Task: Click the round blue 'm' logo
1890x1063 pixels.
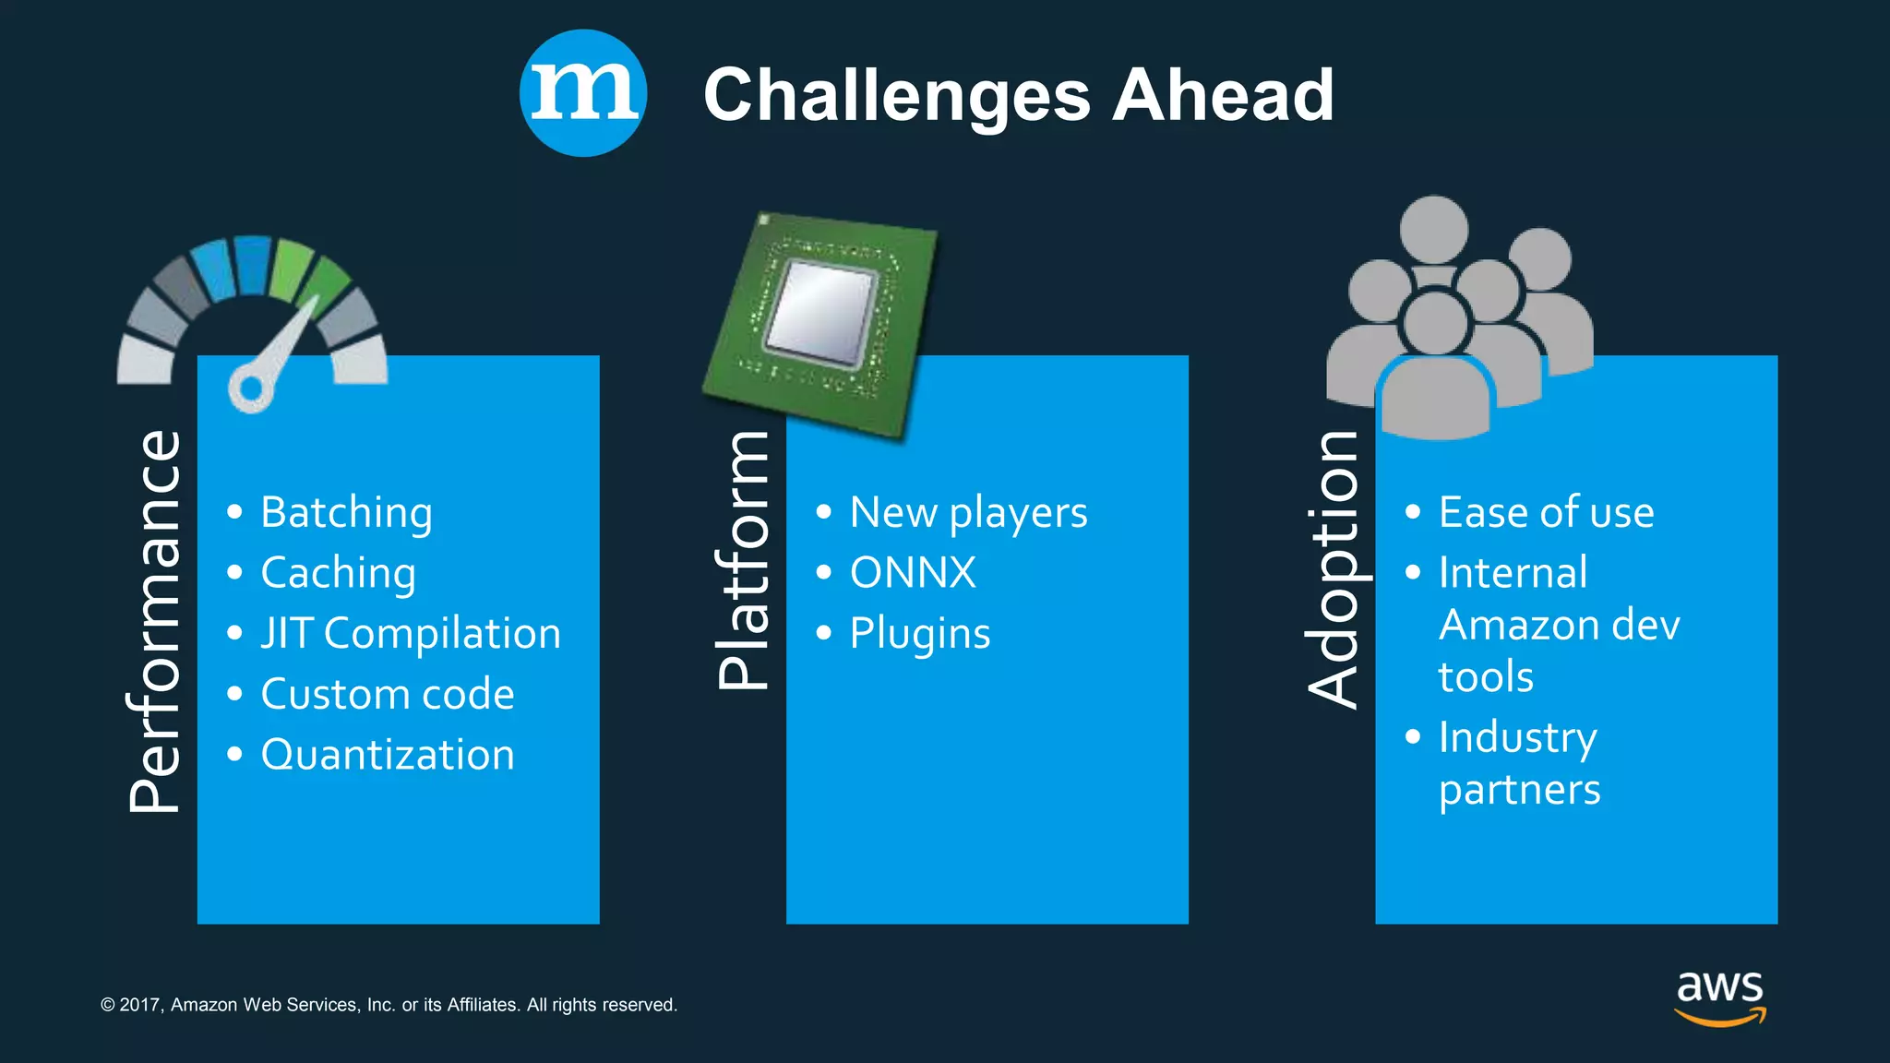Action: (582, 93)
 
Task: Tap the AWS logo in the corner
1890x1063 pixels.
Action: (1720, 997)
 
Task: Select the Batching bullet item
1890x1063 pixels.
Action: (346, 513)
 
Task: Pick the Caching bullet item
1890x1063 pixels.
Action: (338, 573)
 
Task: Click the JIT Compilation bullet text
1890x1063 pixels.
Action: (411, 634)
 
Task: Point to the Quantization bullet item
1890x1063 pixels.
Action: (388, 755)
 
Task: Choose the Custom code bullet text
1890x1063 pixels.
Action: (388, 694)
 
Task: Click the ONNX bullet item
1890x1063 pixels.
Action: (913, 573)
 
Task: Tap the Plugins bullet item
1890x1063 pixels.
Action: (920, 634)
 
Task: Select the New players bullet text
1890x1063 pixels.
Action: (968, 513)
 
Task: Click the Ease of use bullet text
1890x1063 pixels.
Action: (1546, 513)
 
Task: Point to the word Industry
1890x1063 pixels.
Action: (1518, 737)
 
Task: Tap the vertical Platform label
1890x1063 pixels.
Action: (743, 560)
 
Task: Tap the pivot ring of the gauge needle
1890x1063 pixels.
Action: (250, 388)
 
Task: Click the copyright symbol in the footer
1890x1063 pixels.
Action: (108, 1005)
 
